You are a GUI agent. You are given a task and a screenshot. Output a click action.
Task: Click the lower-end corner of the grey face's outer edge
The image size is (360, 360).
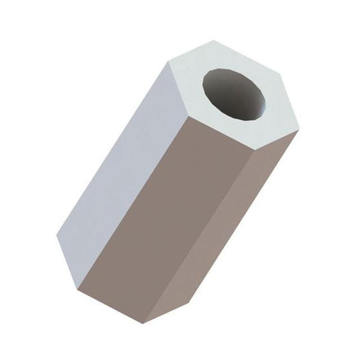pos(58,237)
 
